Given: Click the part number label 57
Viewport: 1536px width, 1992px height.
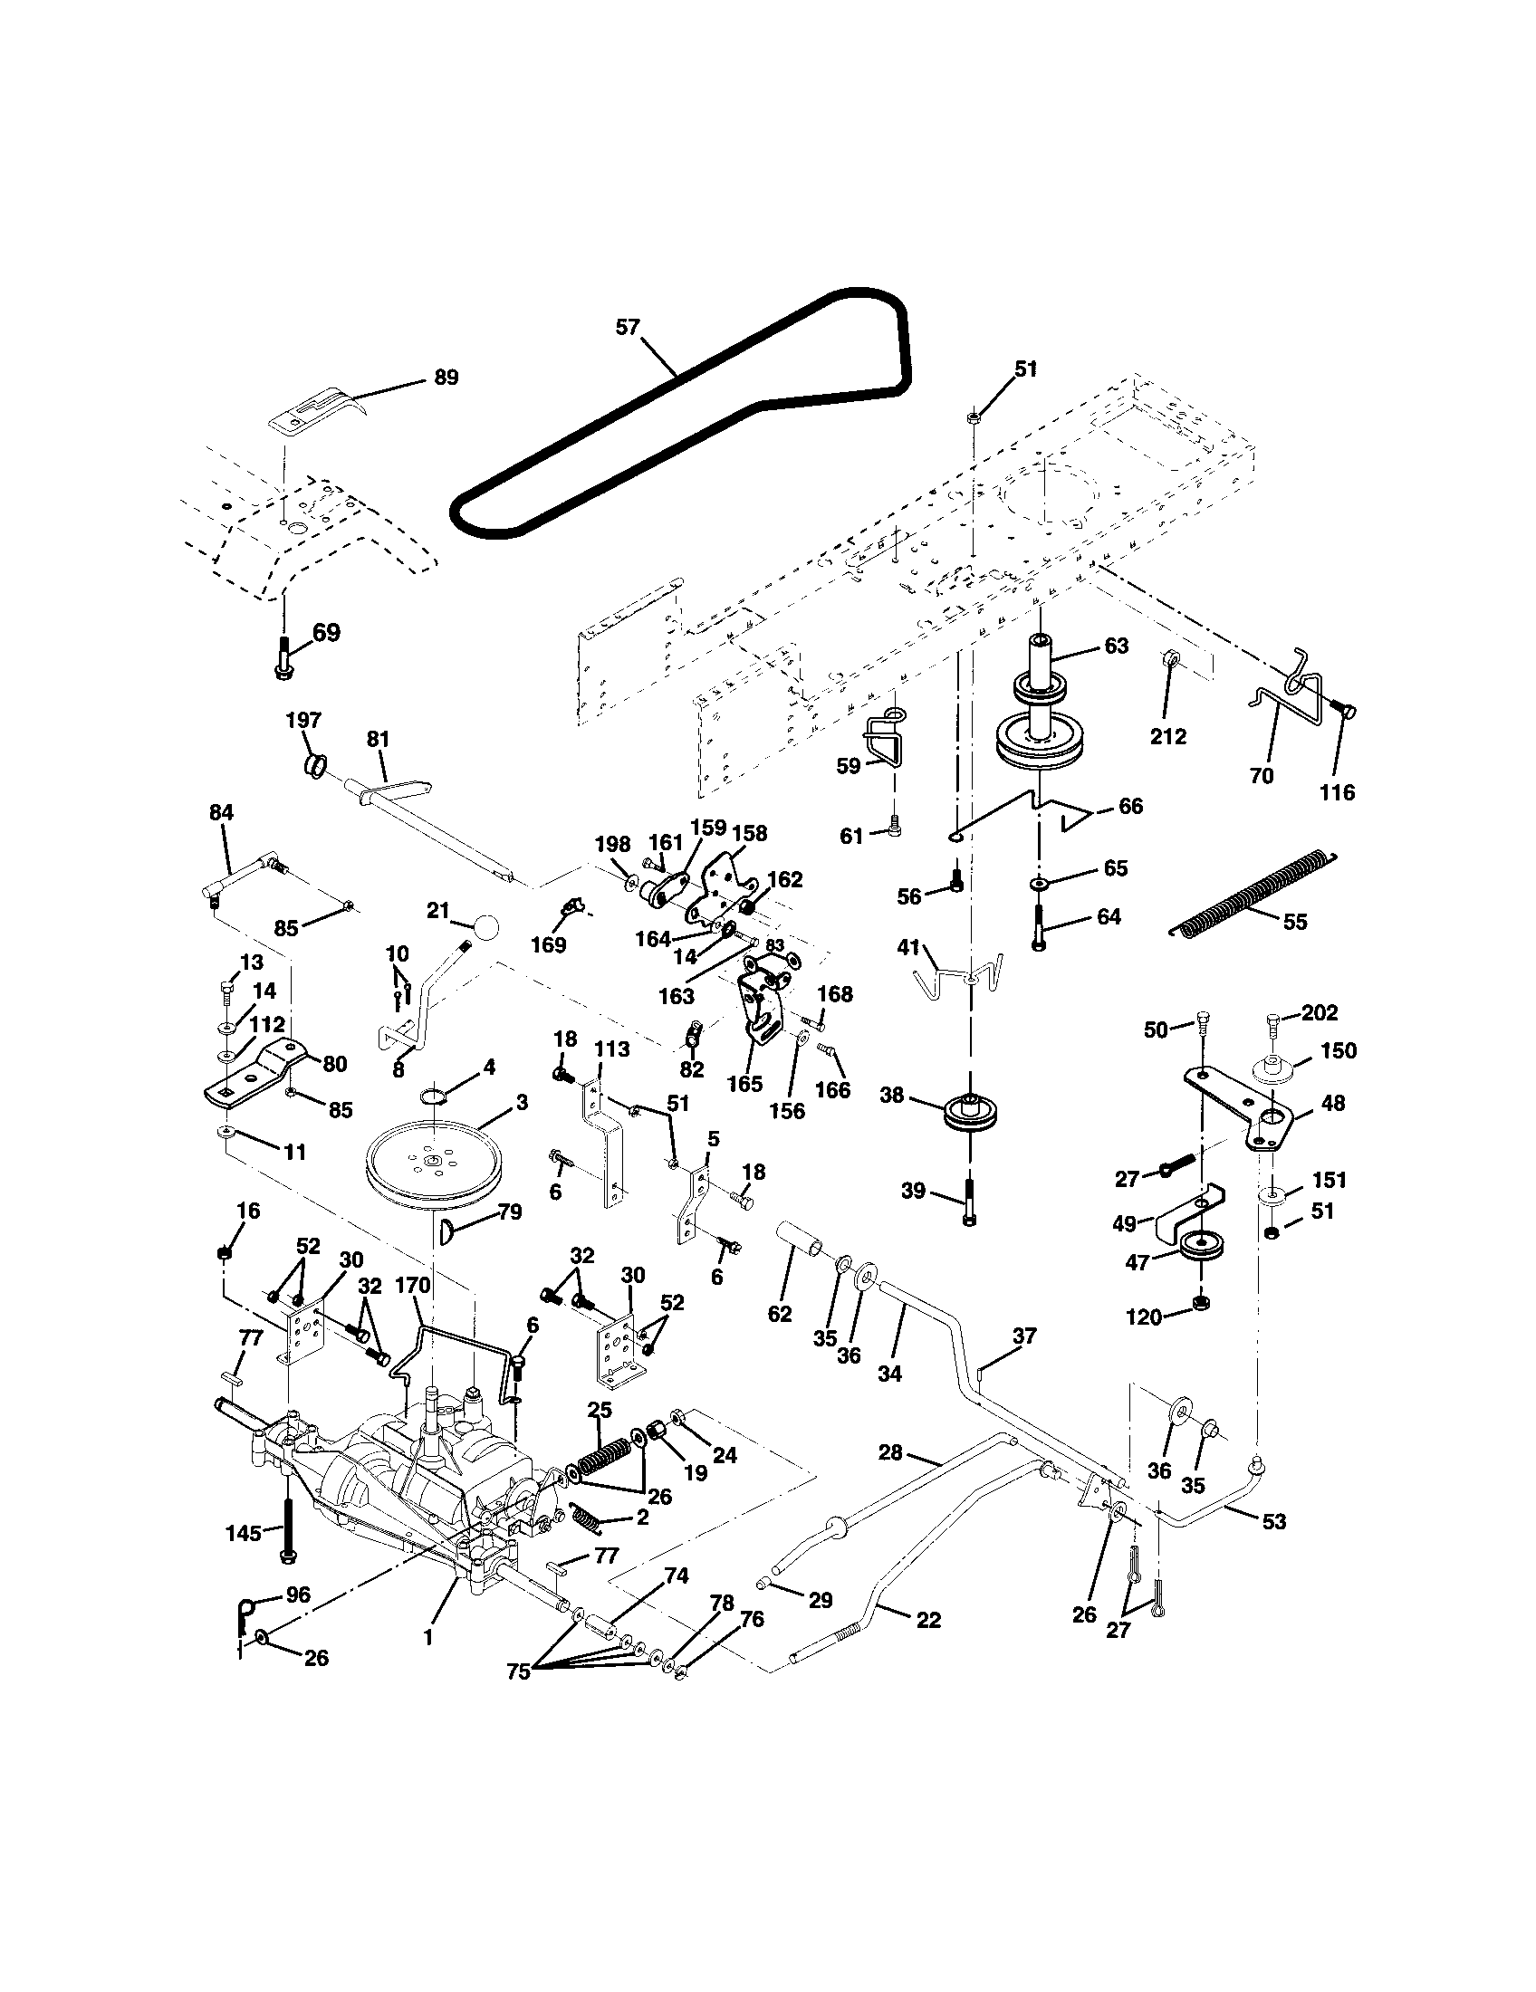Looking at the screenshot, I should tap(628, 328).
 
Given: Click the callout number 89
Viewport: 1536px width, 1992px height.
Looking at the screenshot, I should tap(445, 378).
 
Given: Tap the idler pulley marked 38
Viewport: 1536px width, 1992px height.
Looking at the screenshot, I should tap(971, 1113).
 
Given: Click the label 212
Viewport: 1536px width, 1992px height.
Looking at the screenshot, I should tap(1168, 736).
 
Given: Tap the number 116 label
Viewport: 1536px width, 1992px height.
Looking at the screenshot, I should tap(1336, 792).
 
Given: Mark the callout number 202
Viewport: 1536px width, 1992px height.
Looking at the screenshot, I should tap(1320, 1012).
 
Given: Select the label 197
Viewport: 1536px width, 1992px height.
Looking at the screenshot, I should tap(303, 721).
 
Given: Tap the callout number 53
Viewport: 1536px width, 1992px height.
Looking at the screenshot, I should tap(1273, 1521).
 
